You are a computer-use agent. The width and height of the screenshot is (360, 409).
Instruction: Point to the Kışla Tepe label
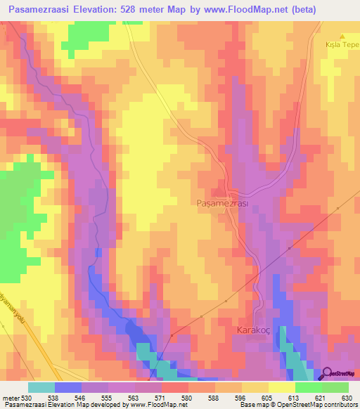[x=342, y=45]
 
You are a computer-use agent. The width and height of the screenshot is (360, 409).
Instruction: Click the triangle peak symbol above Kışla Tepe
[x=343, y=37]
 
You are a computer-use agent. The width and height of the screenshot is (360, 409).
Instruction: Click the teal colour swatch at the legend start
[x=41, y=387]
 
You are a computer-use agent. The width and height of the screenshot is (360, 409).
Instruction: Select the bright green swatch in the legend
[x=308, y=387]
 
